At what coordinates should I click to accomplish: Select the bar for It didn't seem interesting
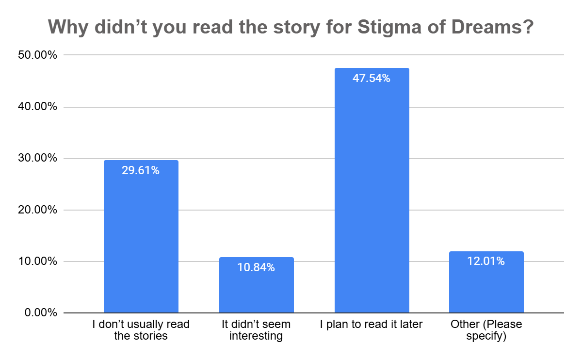[x=256, y=291]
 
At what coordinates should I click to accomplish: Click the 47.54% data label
[x=372, y=78]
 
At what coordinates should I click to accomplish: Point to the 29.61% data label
[x=141, y=170]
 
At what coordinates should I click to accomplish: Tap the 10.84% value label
[x=256, y=267]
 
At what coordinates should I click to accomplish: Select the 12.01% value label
[x=486, y=261]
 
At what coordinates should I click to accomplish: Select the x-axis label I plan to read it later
[x=372, y=325]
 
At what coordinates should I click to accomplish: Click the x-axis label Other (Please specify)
[x=486, y=330]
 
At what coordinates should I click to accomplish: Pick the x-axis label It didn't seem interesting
[x=256, y=330]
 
